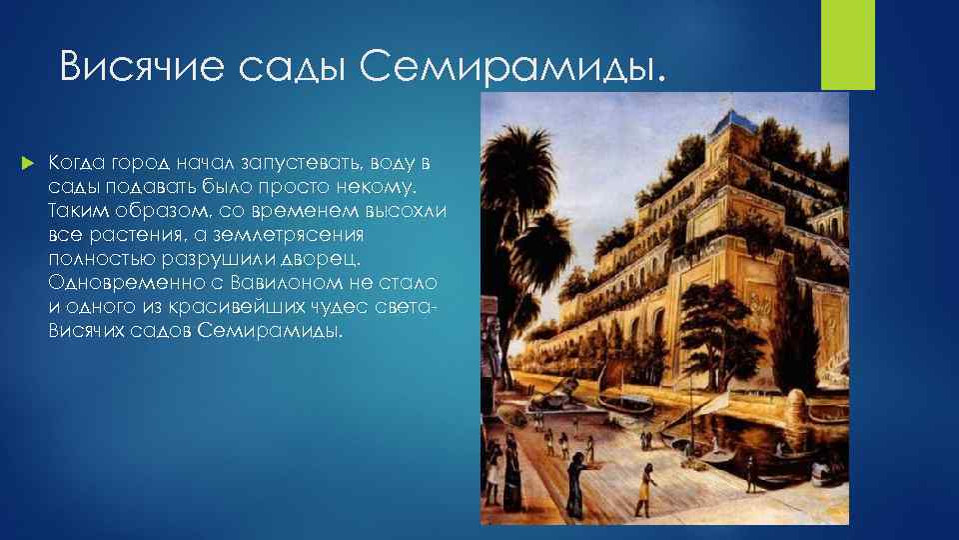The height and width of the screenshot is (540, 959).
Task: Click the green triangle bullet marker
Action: pos(28,162)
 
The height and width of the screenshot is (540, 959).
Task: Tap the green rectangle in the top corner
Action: pos(848,44)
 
